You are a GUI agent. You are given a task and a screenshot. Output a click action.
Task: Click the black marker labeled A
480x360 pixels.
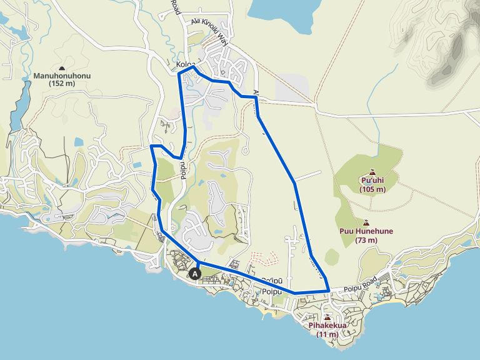[195, 274]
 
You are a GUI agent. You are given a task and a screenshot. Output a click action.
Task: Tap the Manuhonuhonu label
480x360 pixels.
[62, 76]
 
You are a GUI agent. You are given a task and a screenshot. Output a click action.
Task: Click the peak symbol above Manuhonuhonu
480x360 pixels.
[62, 67]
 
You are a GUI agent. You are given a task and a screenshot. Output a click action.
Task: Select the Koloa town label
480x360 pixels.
[186, 65]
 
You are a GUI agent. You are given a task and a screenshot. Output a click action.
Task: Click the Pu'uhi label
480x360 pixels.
[372, 181]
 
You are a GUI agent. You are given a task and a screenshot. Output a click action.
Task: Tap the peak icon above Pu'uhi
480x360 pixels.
[372, 172]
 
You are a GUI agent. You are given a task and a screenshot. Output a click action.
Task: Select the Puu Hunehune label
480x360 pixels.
[366, 231]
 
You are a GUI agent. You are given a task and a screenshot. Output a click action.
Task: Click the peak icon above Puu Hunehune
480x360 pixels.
[366, 222]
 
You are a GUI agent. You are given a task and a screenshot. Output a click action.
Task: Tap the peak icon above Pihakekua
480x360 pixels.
[327, 317]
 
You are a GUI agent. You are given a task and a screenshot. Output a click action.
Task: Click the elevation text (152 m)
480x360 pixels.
[62, 83]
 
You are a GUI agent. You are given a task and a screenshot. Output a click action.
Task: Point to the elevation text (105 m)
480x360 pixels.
[372, 189]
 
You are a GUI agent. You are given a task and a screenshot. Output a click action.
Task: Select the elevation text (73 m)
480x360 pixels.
[366, 239]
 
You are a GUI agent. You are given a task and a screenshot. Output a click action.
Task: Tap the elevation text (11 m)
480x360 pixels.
[327, 334]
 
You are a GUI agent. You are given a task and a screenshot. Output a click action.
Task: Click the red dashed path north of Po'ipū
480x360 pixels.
[262, 256]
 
